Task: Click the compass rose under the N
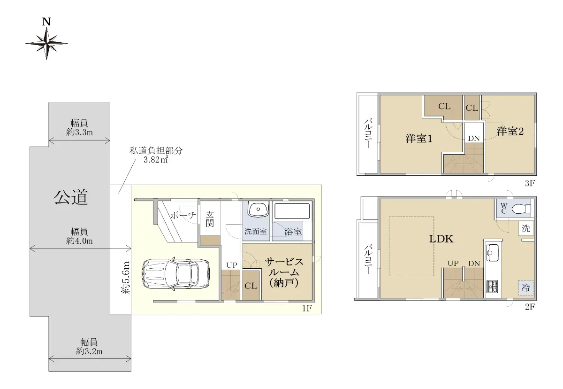[x=46, y=44]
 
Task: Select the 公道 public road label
[x=71, y=197]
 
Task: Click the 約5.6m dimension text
[x=126, y=278]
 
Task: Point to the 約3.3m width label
[x=79, y=132]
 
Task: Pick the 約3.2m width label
[x=89, y=351]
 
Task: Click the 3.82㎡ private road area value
[x=156, y=160]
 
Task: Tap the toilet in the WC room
[x=521, y=209]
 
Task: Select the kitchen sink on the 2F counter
[x=493, y=253]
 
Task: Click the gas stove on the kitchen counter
[x=492, y=286]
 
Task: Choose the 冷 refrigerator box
[x=525, y=288]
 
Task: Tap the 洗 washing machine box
[x=526, y=228]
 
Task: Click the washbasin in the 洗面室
[x=258, y=209]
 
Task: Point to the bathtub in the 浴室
[x=292, y=211]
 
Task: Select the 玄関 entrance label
[x=210, y=219]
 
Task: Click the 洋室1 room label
[x=418, y=139]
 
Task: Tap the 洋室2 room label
[x=510, y=132]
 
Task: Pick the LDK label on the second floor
[x=441, y=239]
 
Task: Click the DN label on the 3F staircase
[x=474, y=139]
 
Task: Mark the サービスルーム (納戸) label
[x=284, y=272]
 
